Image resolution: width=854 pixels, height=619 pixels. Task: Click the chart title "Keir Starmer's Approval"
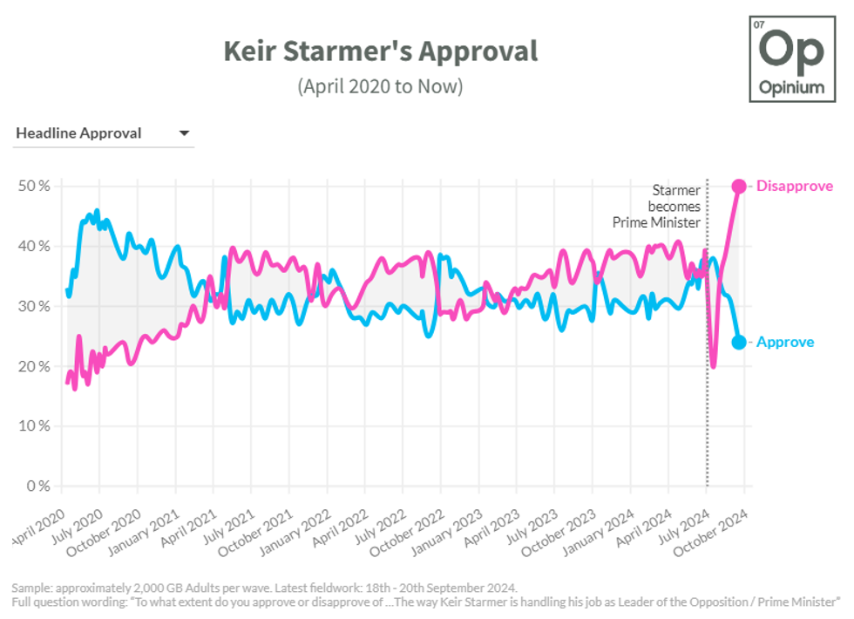pos(380,51)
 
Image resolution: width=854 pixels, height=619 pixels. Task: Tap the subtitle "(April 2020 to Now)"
pos(380,86)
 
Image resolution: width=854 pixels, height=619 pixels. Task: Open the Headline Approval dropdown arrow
pos(184,133)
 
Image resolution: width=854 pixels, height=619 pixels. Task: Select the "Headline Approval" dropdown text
pos(78,133)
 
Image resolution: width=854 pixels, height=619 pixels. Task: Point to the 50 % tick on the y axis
pos(34,186)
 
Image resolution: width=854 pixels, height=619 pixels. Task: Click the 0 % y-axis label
pos(37,486)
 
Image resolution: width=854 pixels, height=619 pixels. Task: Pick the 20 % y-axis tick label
pos(34,366)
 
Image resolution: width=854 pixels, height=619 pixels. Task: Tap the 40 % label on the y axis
pos(34,246)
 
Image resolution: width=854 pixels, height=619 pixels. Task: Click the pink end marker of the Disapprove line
pos(738,186)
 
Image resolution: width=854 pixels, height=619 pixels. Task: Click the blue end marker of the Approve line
pos(738,342)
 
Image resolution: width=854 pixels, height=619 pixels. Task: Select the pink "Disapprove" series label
pos(794,186)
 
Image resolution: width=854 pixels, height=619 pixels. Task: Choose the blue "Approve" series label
pos(784,342)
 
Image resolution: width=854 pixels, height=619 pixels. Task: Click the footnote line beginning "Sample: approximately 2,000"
pos(264,587)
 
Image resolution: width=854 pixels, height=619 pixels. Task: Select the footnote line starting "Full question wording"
pos(426,602)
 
